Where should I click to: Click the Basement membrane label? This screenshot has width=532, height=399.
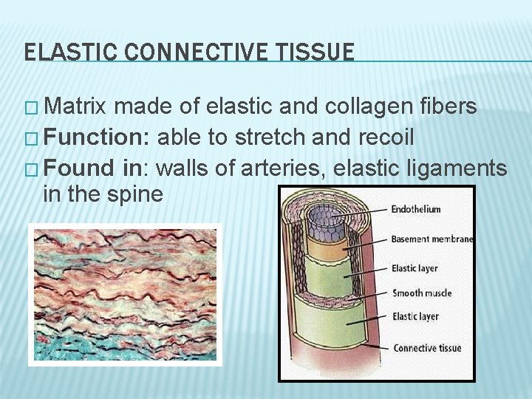tap(432, 239)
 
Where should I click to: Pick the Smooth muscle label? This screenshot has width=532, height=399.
tap(421, 293)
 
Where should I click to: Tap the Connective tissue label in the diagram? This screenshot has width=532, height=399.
tap(427, 348)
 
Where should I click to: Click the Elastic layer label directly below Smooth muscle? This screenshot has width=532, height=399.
tap(415, 317)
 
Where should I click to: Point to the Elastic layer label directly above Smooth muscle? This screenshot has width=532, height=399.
tap(415, 269)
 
